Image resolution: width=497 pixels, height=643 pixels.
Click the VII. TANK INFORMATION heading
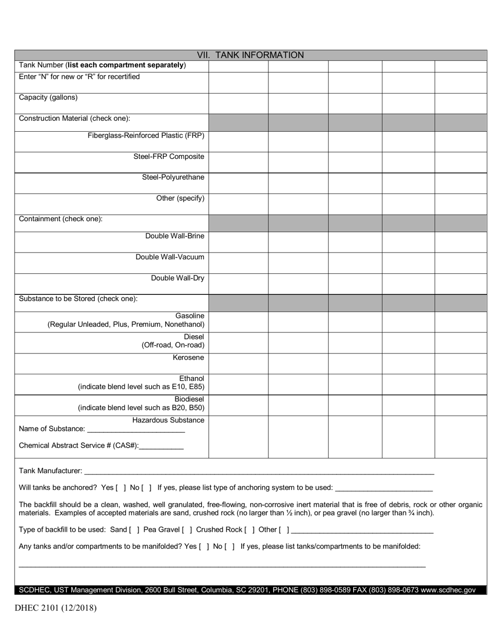pos(250,55)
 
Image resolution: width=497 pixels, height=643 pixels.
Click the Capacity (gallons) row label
pos(48,98)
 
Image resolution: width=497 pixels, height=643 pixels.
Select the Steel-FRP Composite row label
pos(169,156)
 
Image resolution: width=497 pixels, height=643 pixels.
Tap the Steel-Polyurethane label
pos(173,177)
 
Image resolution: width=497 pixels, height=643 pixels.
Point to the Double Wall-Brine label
pos(175,236)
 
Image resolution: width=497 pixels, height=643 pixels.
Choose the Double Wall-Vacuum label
pos(170,257)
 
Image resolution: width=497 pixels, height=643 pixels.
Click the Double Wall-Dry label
pos(177,278)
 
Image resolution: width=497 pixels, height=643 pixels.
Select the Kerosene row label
pos(188,358)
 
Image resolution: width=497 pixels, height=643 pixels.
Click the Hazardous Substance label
pos(168,420)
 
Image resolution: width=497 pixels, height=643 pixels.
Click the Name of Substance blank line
pos(136,429)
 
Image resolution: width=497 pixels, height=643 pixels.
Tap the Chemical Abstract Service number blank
pos(161,446)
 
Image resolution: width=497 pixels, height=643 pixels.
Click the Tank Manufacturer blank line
pos(258,471)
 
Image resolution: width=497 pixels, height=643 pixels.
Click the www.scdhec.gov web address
pos(448,590)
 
